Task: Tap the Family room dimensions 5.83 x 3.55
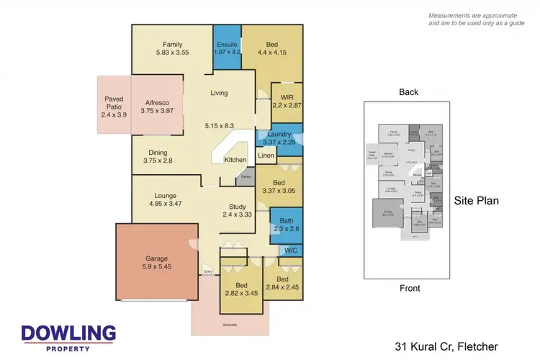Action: tap(173, 53)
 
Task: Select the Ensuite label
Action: tap(227, 44)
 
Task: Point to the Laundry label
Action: tap(278, 134)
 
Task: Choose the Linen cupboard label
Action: tap(266, 156)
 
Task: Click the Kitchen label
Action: tap(235, 159)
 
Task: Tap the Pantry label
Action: tap(246, 176)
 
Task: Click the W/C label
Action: tap(291, 251)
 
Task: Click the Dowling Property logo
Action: tap(68, 336)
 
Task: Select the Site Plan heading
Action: tap(476, 202)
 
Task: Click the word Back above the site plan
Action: tap(409, 91)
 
